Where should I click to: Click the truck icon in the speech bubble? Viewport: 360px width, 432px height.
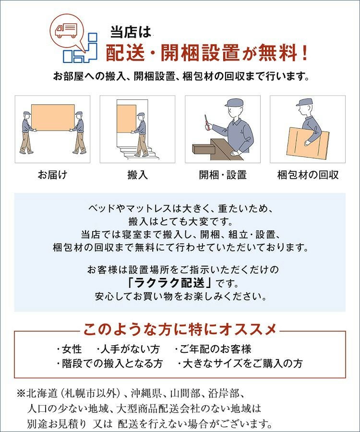(66, 30)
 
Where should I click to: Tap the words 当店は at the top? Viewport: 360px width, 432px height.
(131, 32)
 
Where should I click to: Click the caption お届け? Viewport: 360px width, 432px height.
(52, 175)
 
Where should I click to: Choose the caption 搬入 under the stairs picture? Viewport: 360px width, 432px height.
(137, 175)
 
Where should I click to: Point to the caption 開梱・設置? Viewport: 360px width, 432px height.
(223, 175)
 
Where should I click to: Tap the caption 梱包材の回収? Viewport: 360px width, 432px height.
(308, 175)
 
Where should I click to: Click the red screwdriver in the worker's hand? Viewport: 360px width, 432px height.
(206, 122)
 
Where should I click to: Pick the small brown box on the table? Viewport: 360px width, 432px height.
(204, 149)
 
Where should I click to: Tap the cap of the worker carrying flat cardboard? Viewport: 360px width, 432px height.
(304, 102)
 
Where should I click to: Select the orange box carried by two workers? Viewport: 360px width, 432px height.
(53, 118)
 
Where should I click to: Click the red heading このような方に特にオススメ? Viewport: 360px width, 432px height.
(180, 329)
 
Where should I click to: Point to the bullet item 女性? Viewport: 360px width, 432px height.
(70, 349)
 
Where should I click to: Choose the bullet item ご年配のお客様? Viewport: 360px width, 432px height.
(213, 349)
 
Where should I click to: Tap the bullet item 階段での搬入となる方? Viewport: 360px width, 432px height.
(109, 363)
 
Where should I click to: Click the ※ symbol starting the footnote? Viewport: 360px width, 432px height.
(21, 393)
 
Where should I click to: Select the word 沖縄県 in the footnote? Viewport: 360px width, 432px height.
(146, 393)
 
